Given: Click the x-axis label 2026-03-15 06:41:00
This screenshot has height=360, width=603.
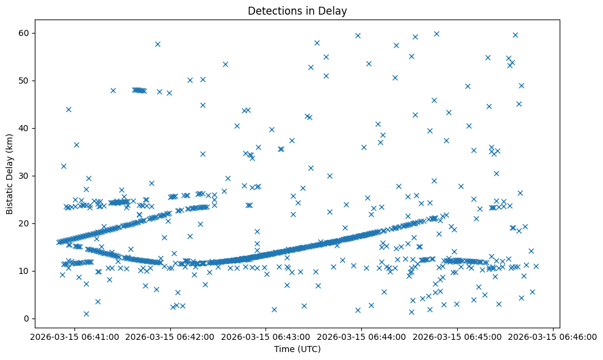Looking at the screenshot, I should pyautogui.click(x=74, y=336).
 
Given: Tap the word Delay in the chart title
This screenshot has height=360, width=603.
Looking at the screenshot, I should pyautogui.click(x=335, y=11).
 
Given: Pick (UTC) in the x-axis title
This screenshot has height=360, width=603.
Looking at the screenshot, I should pyautogui.click(x=308, y=349).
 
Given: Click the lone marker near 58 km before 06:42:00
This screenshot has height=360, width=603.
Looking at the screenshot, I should pyautogui.click(x=157, y=44).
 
